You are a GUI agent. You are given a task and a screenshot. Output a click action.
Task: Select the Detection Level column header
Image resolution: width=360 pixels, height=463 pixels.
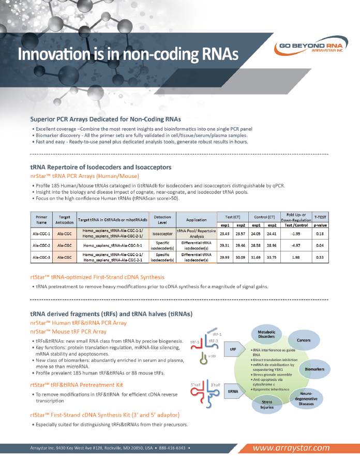[x=162, y=219]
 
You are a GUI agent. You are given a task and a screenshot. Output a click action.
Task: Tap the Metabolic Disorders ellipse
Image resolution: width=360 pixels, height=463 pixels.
[x=267, y=334]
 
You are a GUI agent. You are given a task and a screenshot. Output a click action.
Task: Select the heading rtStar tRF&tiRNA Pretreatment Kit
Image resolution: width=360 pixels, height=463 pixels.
[x=77, y=384]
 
